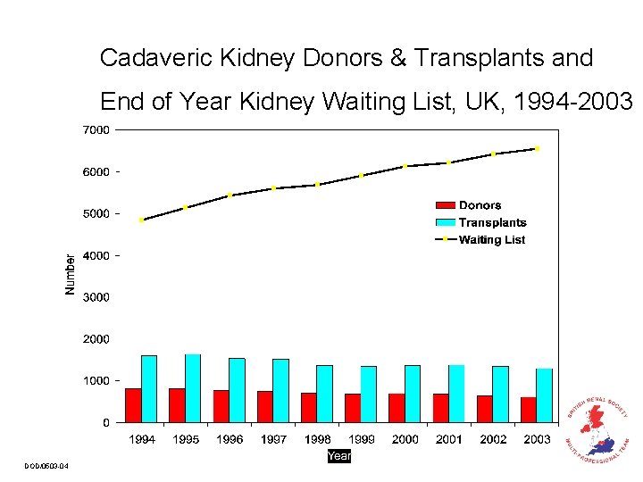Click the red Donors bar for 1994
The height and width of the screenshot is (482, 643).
(133, 405)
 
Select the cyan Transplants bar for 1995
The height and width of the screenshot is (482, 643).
(193, 388)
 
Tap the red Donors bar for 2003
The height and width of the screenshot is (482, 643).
(529, 410)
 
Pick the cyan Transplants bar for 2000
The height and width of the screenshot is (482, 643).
(413, 394)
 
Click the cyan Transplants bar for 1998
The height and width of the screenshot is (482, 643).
(324, 394)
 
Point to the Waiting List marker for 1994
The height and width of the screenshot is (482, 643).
(141, 220)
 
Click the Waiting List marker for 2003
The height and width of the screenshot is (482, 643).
(537, 148)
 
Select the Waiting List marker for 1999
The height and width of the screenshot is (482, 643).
(361, 176)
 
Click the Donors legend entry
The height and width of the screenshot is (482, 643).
(480, 206)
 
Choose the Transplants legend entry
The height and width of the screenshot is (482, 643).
(492, 223)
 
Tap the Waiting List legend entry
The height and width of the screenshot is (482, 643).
(491, 240)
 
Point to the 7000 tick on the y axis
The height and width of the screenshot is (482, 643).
(97, 130)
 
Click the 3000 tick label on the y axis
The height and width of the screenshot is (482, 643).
(97, 297)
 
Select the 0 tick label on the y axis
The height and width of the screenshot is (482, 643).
(106, 422)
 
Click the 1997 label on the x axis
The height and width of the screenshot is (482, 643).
(273, 439)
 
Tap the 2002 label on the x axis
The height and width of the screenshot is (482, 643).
(493, 439)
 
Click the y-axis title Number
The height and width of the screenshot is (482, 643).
(71, 274)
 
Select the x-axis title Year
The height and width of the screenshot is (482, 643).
(339, 456)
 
